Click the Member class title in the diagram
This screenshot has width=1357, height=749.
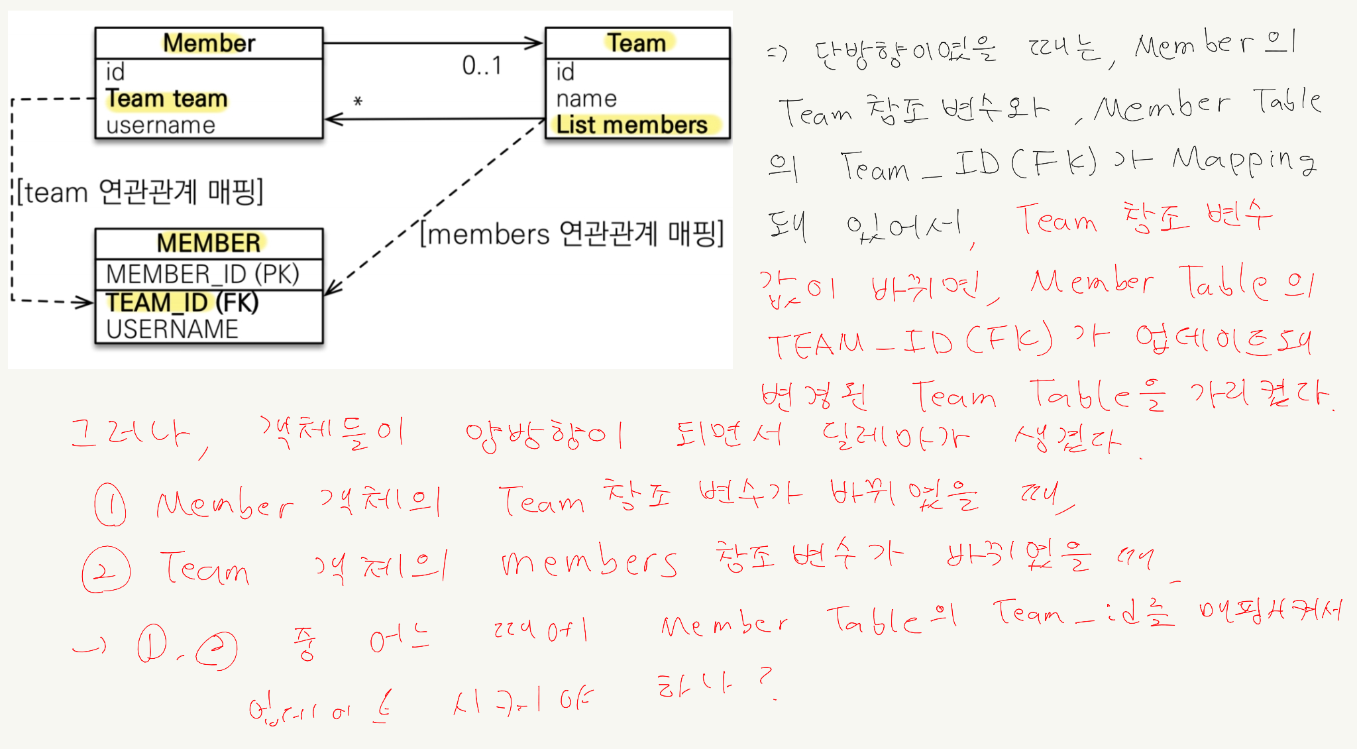tap(209, 43)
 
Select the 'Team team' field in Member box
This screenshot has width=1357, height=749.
tap(166, 99)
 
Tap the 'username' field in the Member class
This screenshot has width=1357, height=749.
tap(160, 125)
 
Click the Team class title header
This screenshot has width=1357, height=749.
tap(637, 43)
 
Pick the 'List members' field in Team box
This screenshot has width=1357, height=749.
tap(631, 125)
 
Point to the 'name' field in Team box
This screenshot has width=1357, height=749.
tap(586, 99)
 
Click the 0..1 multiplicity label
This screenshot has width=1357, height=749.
tap(482, 66)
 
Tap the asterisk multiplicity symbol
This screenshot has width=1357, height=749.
tap(358, 101)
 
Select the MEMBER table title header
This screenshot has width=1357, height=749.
tap(209, 243)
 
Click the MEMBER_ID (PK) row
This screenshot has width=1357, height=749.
tap(202, 274)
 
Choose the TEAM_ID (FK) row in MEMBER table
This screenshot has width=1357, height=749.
tap(182, 302)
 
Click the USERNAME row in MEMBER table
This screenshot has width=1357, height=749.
tap(172, 329)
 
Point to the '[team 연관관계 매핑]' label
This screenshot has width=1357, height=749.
tap(140, 192)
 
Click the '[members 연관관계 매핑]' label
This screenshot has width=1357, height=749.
tap(572, 234)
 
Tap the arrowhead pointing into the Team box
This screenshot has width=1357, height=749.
tap(535, 43)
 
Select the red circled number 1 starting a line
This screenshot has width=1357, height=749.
tap(110, 505)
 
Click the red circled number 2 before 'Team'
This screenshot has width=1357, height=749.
tap(106, 569)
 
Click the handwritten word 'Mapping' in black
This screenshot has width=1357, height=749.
tap(1243, 162)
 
